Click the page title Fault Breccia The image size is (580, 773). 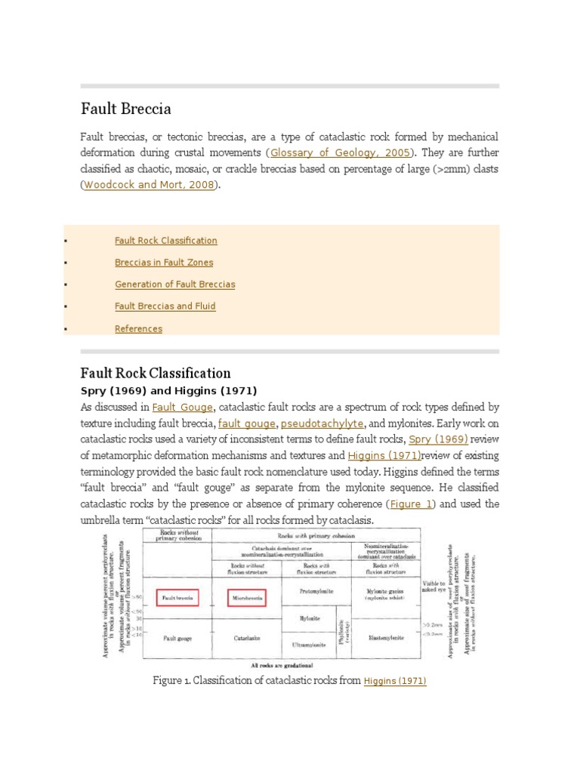coord(126,109)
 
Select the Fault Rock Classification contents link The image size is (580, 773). coord(165,241)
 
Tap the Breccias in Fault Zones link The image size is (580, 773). coord(164,263)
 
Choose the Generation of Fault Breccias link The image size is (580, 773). coord(174,285)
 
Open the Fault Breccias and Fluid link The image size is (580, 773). coord(165,306)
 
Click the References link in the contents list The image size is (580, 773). coord(138,328)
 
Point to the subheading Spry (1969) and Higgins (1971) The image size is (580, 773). coord(168,391)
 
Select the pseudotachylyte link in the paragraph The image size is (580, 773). coord(322,423)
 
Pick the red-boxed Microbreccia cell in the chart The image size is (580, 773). coord(247,599)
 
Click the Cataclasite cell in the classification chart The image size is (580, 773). coord(247,638)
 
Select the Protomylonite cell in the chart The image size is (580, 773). coord(316,591)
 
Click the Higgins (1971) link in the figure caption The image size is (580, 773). coord(395,681)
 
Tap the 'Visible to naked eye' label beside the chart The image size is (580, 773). coord(434,586)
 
